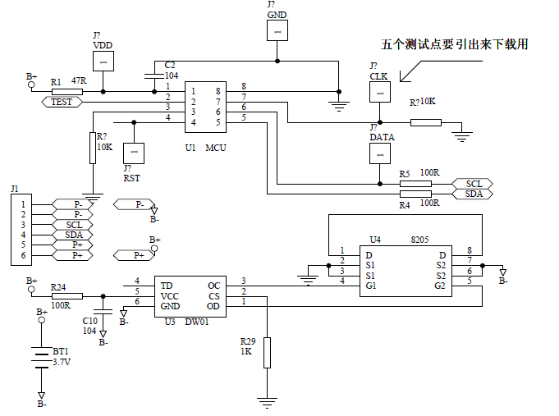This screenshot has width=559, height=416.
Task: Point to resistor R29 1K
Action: coord(267,352)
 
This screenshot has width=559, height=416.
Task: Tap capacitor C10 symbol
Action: coord(103,310)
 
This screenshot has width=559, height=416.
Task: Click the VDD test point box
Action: coord(103,61)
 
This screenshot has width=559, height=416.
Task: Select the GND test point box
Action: coord(277,30)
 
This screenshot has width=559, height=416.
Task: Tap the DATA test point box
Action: coord(379,153)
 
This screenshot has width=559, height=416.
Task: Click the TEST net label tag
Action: coord(62,102)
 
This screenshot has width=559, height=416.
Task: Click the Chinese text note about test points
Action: coord(454,44)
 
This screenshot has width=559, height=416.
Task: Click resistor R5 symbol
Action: coord(415,184)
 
